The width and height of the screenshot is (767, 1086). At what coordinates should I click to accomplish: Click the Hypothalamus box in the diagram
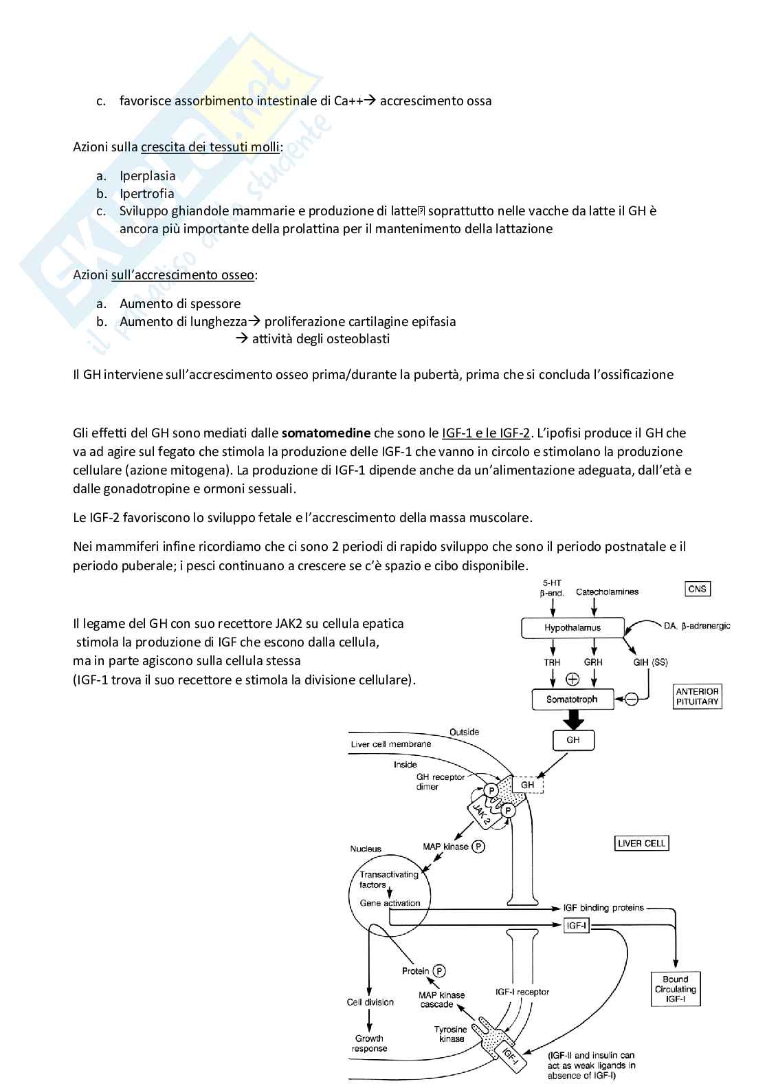click(573, 628)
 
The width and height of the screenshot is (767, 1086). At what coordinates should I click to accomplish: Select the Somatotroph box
click(572, 699)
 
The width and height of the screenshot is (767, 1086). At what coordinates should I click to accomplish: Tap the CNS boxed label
click(698, 589)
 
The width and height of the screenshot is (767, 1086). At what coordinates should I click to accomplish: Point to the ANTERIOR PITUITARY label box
click(697, 697)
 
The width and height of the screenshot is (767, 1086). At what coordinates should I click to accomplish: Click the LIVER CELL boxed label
click(643, 843)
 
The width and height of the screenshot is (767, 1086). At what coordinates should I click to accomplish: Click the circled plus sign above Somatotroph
click(572, 679)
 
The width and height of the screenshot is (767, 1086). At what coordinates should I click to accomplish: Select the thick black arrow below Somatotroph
click(572, 719)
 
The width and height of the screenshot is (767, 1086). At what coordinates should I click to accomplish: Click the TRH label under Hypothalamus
click(552, 662)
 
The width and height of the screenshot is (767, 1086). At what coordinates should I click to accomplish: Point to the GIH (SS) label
click(650, 662)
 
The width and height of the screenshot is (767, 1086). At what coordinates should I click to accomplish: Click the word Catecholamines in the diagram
click(607, 591)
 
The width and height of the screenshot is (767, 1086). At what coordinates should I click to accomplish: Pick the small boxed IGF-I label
click(576, 926)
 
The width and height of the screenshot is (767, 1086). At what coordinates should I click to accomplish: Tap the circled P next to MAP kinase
click(478, 847)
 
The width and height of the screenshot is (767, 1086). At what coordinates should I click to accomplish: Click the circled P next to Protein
click(439, 971)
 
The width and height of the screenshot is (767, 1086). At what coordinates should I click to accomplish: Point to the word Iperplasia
click(147, 175)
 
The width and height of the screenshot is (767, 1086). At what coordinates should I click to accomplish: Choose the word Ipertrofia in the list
click(146, 193)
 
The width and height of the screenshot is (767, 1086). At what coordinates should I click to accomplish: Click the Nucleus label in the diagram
click(366, 849)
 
